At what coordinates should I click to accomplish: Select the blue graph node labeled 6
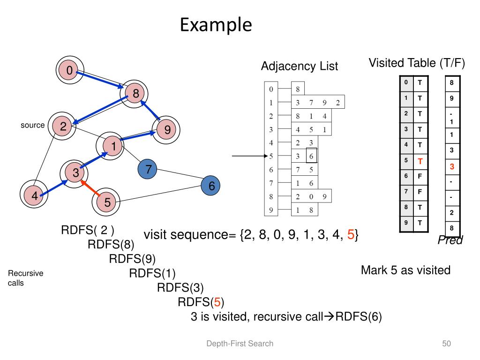pyautogui.click(x=211, y=186)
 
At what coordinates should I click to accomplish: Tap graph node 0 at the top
pyautogui.click(x=69, y=71)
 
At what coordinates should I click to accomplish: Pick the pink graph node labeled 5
pyautogui.click(x=107, y=202)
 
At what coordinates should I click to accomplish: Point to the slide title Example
pyautogui.click(x=216, y=25)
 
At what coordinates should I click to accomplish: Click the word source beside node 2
pyautogui.click(x=33, y=126)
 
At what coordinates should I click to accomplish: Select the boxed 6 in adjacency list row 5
pyautogui.click(x=311, y=156)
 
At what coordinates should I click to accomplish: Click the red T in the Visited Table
pyautogui.click(x=420, y=161)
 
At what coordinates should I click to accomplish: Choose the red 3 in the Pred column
pyautogui.click(x=452, y=166)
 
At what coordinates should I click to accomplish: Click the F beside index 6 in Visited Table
pyautogui.click(x=420, y=176)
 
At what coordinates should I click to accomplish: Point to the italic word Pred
pyautogui.click(x=450, y=240)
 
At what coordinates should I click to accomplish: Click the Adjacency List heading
pyautogui.click(x=299, y=67)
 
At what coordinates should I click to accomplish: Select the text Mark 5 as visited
pyautogui.click(x=405, y=270)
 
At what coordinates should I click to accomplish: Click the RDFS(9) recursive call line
pyautogui.click(x=132, y=258)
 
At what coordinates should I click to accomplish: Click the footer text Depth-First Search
pyautogui.click(x=240, y=344)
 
